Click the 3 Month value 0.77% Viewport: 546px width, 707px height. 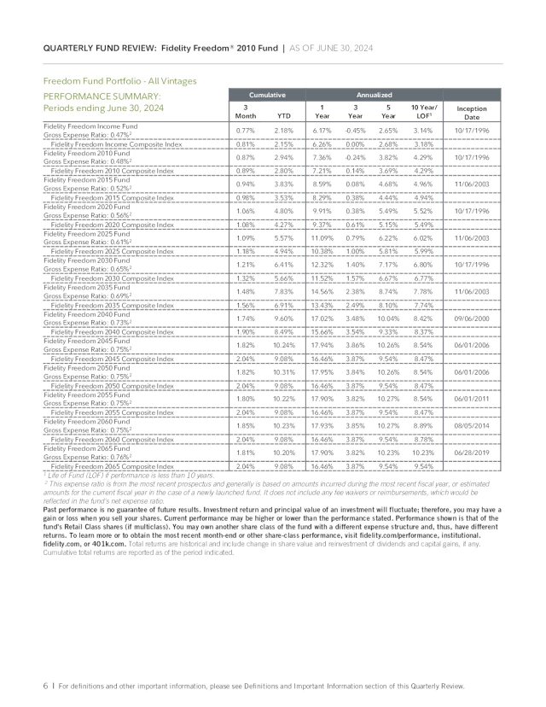[x=246, y=130]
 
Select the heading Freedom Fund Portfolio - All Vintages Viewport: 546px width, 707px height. [x=119, y=80]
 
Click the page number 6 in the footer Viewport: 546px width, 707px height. [x=45, y=686]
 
